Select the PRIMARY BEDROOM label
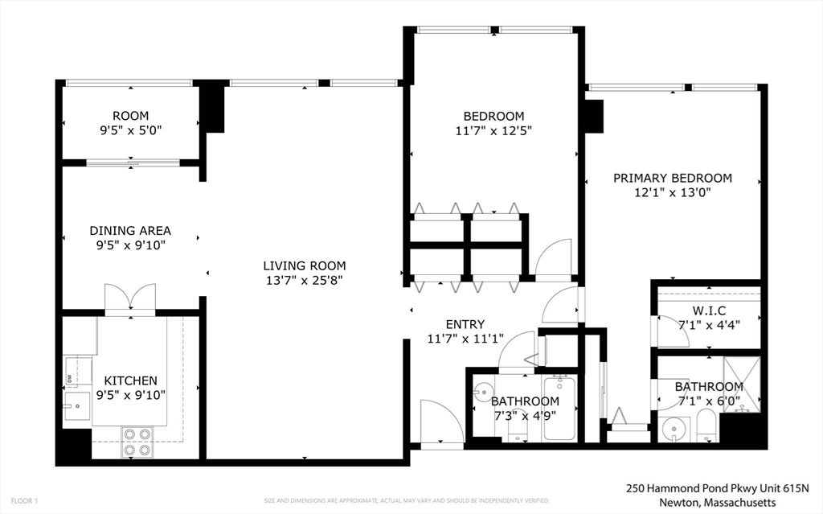click(673, 178)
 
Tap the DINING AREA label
click(129, 231)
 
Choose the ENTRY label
click(465, 324)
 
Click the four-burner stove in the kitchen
click(137, 442)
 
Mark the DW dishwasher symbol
click(70, 378)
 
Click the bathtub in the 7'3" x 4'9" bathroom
click(559, 408)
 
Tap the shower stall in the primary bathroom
click(741, 384)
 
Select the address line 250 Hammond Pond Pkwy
click(717, 488)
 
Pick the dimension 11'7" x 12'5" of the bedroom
click(493, 130)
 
